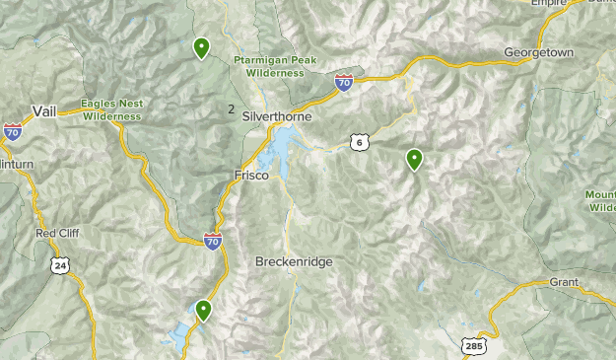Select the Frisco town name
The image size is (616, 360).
pyautogui.click(x=250, y=175)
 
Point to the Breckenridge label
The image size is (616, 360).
pyautogui.click(x=294, y=262)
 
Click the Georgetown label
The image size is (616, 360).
pyautogui.click(x=538, y=51)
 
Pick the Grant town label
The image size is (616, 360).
pyautogui.click(x=564, y=282)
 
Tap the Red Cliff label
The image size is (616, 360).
pyautogui.click(x=57, y=234)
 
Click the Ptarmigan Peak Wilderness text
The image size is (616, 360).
pyautogui.click(x=276, y=66)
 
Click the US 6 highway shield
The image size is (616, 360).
pyautogui.click(x=361, y=143)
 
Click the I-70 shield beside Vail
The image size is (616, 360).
pyautogui.click(x=13, y=130)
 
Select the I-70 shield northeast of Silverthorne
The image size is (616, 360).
pyautogui.click(x=343, y=82)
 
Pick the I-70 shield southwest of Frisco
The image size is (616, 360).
pyautogui.click(x=213, y=240)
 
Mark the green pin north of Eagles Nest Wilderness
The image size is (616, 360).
pyautogui.click(x=201, y=47)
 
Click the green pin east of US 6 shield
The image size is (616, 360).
pyautogui.click(x=415, y=158)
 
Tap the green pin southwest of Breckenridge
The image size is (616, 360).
pyautogui.click(x=203, y=310)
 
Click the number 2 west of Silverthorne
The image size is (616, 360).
pyautogui.click(x=231, y=109)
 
